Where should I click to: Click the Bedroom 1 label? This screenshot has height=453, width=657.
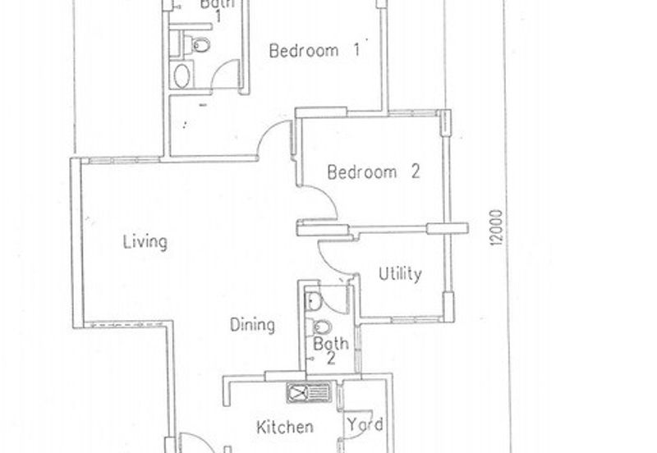tap(315, 50)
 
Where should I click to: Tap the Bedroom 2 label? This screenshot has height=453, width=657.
tap(374, 172)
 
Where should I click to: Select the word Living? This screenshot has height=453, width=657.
tap(145, 242)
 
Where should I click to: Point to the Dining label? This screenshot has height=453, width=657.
tap(253, 325)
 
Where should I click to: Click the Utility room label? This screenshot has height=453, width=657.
tap(400, 274)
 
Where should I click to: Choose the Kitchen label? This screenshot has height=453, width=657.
tap(285, 427)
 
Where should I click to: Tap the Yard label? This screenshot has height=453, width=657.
tap(365, 424)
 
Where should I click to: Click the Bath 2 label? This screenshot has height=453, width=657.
tap(331, 351)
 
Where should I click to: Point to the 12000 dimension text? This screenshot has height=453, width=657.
tap(497, 227)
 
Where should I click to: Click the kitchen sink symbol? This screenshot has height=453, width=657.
tap(309, 393)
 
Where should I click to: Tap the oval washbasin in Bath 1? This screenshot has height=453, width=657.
tap(181, 75)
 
